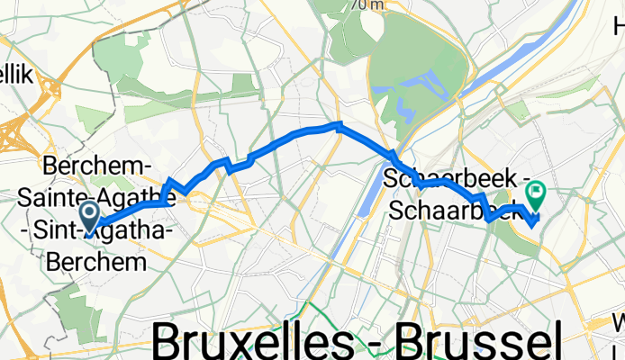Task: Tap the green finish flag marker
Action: pos(537,192)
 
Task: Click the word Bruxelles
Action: pos(262,342)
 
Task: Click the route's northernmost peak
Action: pos(338,123)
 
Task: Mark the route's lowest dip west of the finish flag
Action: pos(488,219)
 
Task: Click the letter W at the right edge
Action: pos(619,321)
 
